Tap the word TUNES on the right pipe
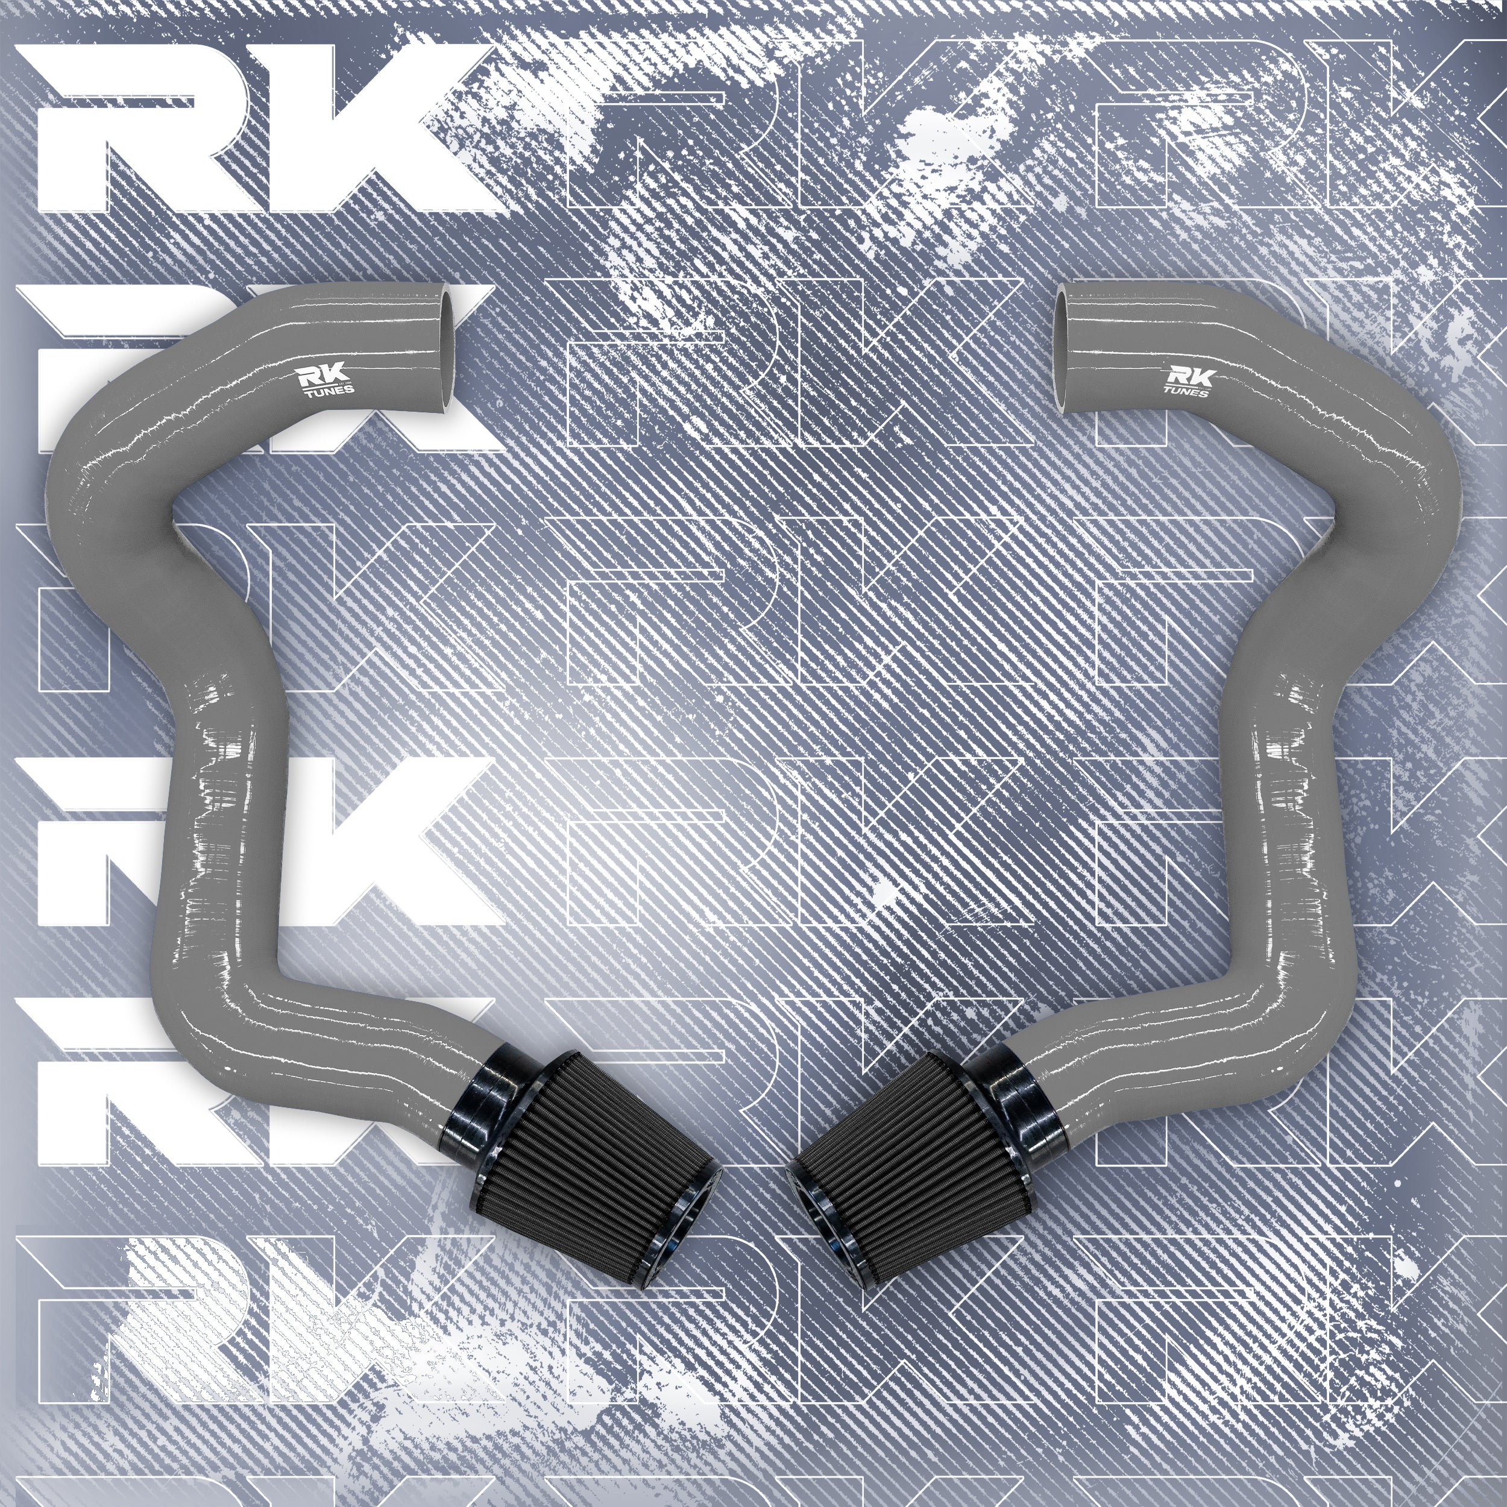click(x=1186, y=392)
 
